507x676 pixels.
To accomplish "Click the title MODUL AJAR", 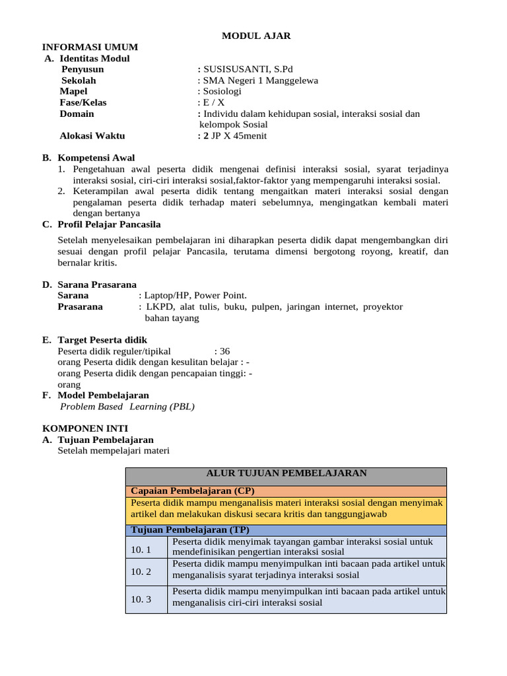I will tap(255, 36).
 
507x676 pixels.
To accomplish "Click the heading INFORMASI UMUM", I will tap(90, 47).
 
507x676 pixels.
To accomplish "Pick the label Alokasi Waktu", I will tap(92, 136).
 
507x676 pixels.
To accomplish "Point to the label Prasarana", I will tap(80, 307).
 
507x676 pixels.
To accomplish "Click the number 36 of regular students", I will tap(224, 351).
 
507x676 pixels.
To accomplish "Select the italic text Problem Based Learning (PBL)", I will tap(127, 407).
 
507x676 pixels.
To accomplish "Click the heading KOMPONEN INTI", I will tap(85, 428).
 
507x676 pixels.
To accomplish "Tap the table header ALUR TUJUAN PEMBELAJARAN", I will tap(287, 473).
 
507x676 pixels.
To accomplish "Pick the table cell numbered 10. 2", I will tap(141, 572).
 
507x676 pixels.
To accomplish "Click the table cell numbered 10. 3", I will tap(141, 599).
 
